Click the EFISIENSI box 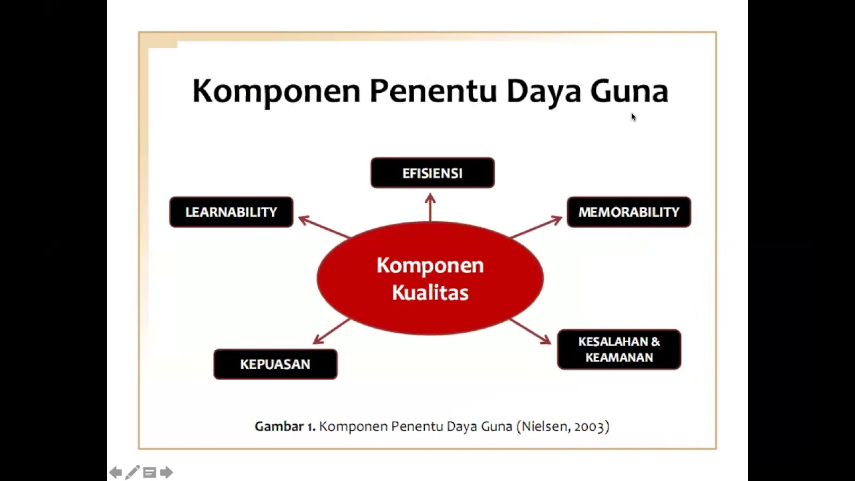(432, 173)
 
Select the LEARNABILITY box (231, 212)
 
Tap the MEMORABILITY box (629, 212)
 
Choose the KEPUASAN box (275, 364)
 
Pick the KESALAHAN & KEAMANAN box (619, 349)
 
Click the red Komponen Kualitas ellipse (430, 279)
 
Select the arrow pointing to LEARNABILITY (324, 227)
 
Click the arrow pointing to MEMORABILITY (536, 227)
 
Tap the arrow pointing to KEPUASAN (331, 331)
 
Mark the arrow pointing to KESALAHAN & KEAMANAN (530, 331)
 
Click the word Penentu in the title (433, 91)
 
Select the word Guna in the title (629, 91)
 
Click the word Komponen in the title (276, 91)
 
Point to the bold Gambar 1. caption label (285, 426)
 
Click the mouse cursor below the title (633, 118)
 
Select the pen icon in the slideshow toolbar (132, 473)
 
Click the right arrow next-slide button (166, 473)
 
